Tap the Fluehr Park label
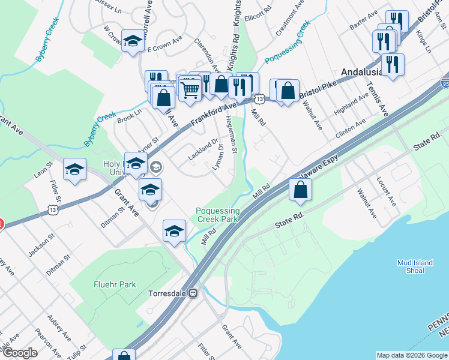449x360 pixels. point(114,284)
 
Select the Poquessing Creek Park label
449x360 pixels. point(218,215)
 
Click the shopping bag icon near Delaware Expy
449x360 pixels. point(300,190)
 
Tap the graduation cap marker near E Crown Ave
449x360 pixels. point(132,41)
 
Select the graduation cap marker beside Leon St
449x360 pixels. point(74,170)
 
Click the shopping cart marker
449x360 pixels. point(190,91)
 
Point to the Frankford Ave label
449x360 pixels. point(214,113)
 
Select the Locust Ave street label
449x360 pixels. point(387,191)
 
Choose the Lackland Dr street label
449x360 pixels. point(203,149)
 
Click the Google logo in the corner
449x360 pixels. point(20,353)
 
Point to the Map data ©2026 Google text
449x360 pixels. point(411,355)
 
